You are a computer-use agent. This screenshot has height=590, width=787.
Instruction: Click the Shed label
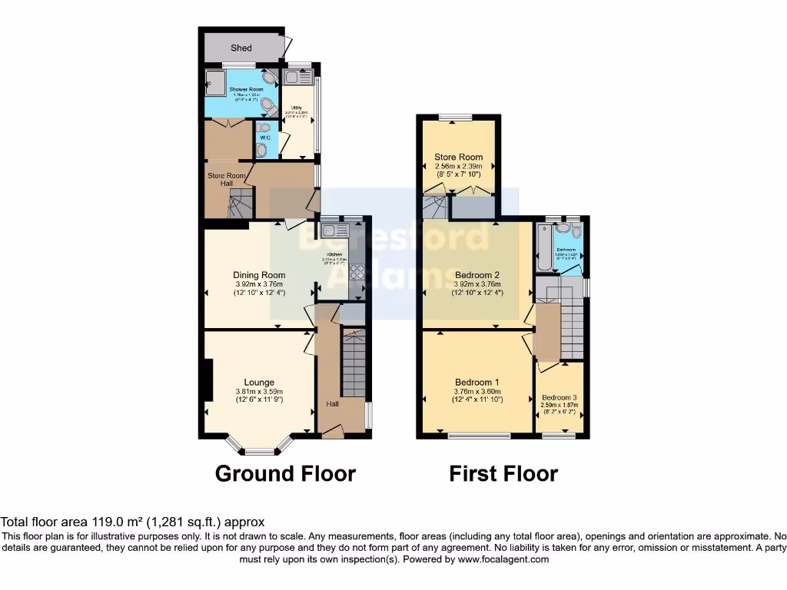point(241,48)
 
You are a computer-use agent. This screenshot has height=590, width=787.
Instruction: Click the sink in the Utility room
point(296,77)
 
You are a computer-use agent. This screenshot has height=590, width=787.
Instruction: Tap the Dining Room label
point(259,275)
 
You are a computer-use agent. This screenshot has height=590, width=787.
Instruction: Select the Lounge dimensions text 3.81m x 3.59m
point(259,391)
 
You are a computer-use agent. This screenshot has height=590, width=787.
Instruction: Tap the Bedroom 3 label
point(560,397)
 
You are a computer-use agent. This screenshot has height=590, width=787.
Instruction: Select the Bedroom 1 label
point(477,383)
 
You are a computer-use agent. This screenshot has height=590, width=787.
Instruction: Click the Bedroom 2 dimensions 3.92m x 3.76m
point(477,283)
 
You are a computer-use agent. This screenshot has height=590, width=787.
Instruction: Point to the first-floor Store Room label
point(458,157)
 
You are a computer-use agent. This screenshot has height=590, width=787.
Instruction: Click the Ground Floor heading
point(285,473)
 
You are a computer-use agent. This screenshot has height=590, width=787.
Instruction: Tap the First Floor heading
point(503,473)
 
